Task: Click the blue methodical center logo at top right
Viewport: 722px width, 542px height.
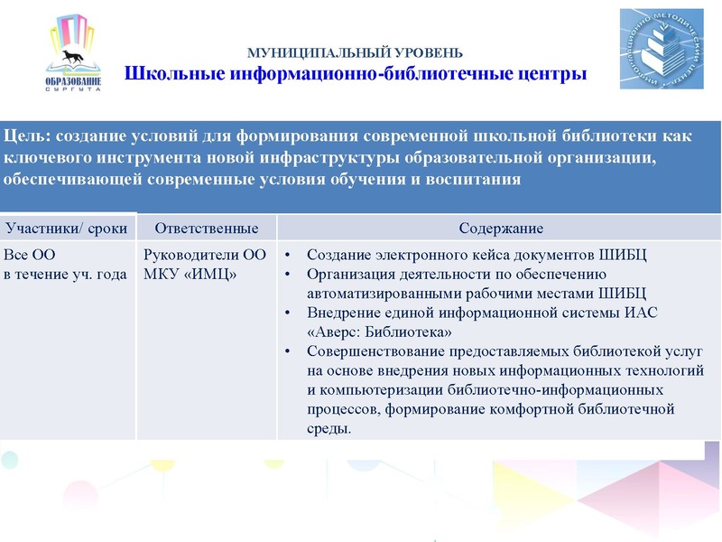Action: tap(662, 49)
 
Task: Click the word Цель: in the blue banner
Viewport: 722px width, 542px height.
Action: tap(27, 136)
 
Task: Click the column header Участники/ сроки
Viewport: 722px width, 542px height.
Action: tap(66, 227)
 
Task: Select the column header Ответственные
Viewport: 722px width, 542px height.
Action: tap(207, 227)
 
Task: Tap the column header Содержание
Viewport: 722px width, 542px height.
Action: tap(500, 227)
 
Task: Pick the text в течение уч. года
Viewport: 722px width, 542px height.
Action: tap(65, 274)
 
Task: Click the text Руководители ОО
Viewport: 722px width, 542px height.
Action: tap(205, 255)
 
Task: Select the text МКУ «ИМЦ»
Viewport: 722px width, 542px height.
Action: tap(190, 274)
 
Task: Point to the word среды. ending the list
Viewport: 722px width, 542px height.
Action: tap(329, 427)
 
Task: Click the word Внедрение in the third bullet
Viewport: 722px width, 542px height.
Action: tap(340, 313)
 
